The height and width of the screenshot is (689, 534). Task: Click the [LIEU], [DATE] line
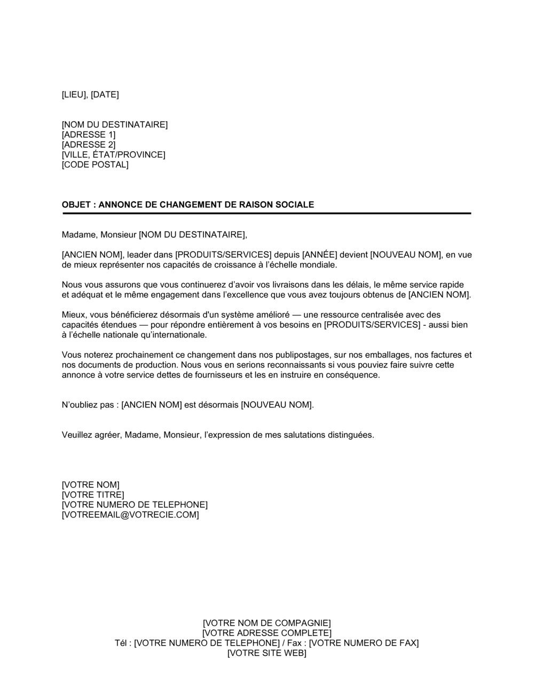click(x=90, y=95)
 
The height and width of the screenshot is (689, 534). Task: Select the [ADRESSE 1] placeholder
click(x=89, y=135)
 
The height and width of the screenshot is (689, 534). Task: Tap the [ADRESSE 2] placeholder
click(x=89, y=145)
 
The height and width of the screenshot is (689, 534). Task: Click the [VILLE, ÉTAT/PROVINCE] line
click(x=114, y=155)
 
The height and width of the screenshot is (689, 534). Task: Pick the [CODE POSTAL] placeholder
click(x=95, y=165)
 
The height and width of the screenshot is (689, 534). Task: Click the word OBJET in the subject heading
click(x=77, y=205)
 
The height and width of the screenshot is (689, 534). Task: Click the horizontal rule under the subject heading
click(x=266, y=214)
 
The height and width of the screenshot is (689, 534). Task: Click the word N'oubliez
click(x=80, y=405)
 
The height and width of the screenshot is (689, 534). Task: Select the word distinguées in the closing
click(x=347, y=435)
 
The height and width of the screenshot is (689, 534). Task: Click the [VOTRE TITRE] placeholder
click(x=93, y=495)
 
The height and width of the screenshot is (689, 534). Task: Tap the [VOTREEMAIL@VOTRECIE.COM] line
click(x=130, y=515)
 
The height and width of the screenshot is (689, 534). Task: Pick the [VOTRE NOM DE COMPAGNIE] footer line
click(x=267, y=623)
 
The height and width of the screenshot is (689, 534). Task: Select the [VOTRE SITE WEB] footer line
click(x=267, y=653)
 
